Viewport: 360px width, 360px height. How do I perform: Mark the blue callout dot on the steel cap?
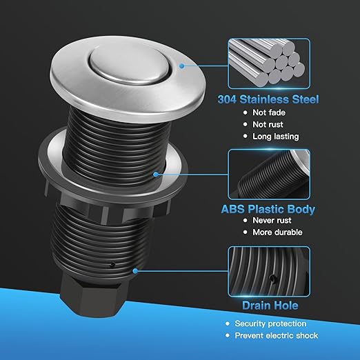181,66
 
